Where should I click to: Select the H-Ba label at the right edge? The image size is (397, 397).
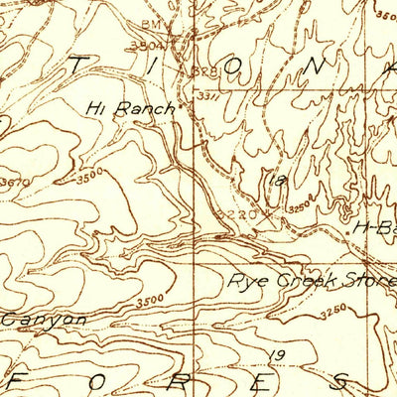tap(374, 227)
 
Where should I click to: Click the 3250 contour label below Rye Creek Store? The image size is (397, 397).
tap(334, 314)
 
